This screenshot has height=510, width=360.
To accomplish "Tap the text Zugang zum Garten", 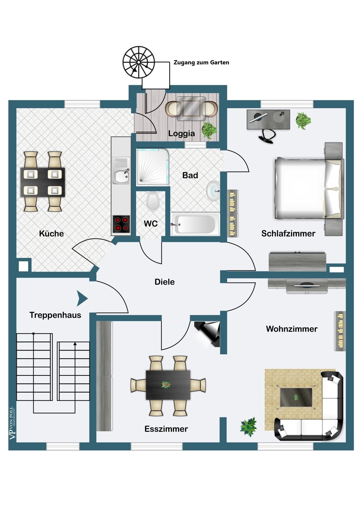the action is [201, 62].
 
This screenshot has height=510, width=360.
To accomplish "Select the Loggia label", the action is [182, 133].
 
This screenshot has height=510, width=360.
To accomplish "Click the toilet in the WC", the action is [152, 201].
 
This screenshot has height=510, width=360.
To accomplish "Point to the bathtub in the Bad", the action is [195, 224].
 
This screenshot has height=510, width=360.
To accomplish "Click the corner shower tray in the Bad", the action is [153, 167].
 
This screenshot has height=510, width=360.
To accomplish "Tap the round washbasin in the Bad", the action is [213, 191].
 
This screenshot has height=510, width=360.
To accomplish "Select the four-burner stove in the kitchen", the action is [121, 224].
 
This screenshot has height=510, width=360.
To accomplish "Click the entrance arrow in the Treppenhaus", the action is [82, 298].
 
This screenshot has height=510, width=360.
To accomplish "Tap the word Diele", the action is [165, 282].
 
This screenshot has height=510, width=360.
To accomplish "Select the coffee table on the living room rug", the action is [295, 397].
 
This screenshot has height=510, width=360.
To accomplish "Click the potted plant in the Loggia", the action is [209, 130].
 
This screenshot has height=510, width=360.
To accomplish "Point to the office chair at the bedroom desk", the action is [267, 136].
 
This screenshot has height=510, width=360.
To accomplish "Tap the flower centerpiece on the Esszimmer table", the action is [166, 385].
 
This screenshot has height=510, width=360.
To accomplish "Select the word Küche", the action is [51, 234].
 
